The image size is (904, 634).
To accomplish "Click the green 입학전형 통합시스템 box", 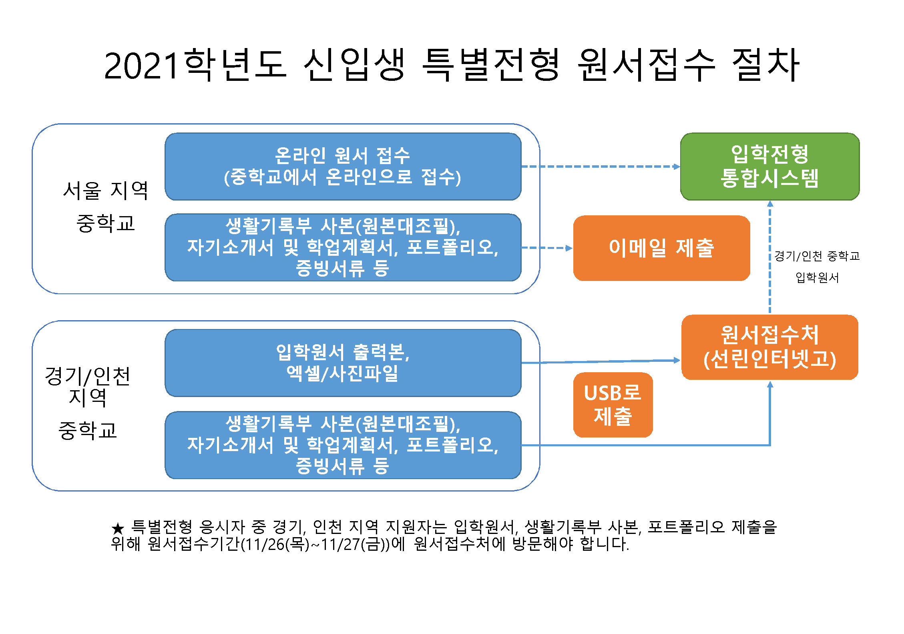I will tap(769, 167).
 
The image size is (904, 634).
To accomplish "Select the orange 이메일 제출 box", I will tap(661, 248).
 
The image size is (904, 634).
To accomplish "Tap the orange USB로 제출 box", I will tap(613, 405).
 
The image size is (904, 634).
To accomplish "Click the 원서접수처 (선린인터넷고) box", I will tap(769, 347).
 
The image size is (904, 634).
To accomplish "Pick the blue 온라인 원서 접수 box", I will tap(343, 167).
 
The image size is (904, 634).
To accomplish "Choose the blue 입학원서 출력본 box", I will tap(343, 363).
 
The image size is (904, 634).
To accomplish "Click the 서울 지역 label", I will tap(106, 191).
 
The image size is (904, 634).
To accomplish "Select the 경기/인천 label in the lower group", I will tap(87, 376).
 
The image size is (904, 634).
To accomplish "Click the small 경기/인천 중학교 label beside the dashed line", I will tap(817, 256).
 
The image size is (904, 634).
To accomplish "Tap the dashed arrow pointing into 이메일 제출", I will tap(546, 248).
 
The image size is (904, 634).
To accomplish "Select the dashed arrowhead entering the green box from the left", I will tap(676, 167).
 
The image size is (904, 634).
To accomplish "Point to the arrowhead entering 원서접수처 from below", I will tap(769, 385).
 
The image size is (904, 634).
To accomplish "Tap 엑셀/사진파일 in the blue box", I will tap(342, 373).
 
